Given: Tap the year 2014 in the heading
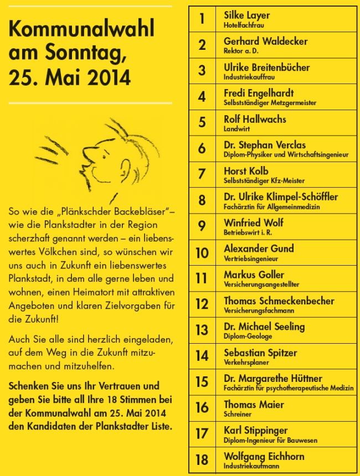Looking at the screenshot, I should point(109,77).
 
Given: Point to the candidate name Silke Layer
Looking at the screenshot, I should point(246,15).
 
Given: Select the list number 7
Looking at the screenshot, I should point(202,174).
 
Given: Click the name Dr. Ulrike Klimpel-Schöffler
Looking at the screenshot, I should point(281,196).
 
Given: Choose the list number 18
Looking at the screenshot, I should point(202,459).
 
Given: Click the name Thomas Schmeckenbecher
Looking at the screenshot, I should point(279,301).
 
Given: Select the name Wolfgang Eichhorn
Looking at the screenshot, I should point(264,456).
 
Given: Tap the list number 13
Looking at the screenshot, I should point(202,330).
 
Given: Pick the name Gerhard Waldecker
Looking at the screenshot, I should point(265,41).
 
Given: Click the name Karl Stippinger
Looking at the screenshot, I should point(256,430).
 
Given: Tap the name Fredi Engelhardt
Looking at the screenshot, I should point(259,92).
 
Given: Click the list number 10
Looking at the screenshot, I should point(202,252).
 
